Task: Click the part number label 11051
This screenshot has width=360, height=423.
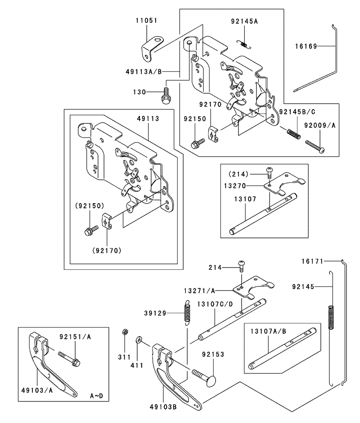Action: tap(146, 21)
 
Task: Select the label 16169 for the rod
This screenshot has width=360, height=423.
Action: tap(306, 46)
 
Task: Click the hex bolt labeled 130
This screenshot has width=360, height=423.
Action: tap(166, 96)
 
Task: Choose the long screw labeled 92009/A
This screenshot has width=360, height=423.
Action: tap(315, 146)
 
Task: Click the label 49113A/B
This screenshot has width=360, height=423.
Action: tap(144, 72)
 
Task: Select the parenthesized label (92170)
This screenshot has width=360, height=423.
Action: tap(107, 250)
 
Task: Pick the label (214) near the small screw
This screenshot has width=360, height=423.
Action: tap(238, 174)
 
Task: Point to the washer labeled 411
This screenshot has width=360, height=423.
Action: tap(139, 341)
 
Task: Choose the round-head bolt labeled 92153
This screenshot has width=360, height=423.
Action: tap(204, 377)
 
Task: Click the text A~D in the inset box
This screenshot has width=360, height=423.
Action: tap(96, 396)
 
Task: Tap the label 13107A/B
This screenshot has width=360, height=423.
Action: tap(268, 331)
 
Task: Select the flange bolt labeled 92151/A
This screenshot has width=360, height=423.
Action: tap(69, 358)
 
